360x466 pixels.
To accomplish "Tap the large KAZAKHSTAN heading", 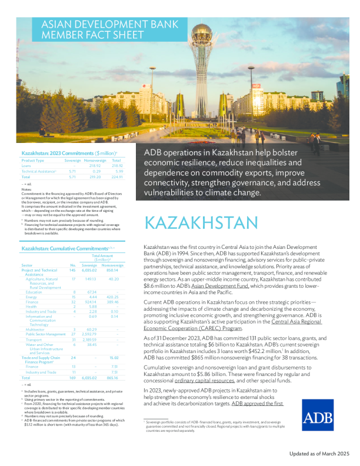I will point(201,224).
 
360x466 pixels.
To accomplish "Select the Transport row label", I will point(35,339).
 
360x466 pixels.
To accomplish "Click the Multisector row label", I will point(36,329).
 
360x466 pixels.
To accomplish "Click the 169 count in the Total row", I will point(73,378).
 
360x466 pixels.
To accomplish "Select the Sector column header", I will point(28,266).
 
